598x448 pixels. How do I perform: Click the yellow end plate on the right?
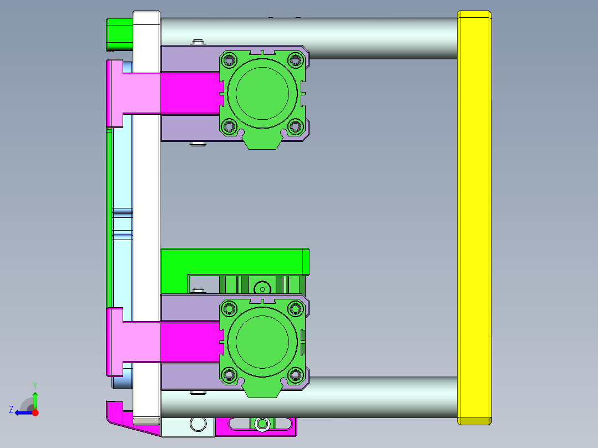(x=474, y=216)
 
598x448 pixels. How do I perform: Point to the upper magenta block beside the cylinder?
(x=189, y=93)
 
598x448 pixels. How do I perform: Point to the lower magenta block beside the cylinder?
(x=189, y=343)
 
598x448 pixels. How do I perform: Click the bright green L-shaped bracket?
(x=233, y=261)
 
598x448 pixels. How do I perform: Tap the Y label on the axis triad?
(x=35, y=384)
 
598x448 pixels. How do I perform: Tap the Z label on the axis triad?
(x=11, y=409)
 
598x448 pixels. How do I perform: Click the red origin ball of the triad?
(x=35, y=413)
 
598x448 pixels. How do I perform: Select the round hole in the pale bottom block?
(x=197, y=424)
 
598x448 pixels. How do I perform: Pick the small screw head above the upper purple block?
(x=197, y=42)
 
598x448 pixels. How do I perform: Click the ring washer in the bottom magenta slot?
(x=262, y=424)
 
